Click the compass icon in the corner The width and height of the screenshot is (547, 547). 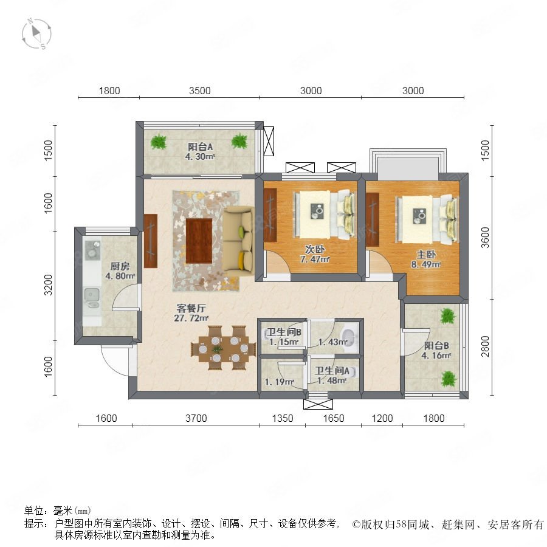point(36,34)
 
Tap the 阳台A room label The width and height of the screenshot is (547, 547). point(200,147)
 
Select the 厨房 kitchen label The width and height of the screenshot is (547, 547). point(120,267)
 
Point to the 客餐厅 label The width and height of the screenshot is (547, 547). point(191,308)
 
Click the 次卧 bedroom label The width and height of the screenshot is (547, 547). point(315,249)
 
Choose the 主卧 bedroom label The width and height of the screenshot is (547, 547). point(426,255)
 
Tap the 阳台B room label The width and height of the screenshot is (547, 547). point(436,346)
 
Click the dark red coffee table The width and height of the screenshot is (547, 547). point(199,241)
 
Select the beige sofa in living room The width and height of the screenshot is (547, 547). point(238,240)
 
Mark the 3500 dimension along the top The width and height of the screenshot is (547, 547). point(199,91)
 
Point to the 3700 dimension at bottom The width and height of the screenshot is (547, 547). point(196,418)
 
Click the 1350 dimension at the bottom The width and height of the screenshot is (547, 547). point(282,418)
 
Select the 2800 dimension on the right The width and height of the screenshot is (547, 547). point(485,346)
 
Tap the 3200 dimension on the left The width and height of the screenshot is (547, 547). point(48,285)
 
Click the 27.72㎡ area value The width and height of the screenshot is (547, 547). point(191,318)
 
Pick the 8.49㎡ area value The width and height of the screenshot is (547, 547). point(425,264)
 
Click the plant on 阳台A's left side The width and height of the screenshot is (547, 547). point(159,142)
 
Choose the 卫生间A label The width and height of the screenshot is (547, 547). point(332,371)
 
